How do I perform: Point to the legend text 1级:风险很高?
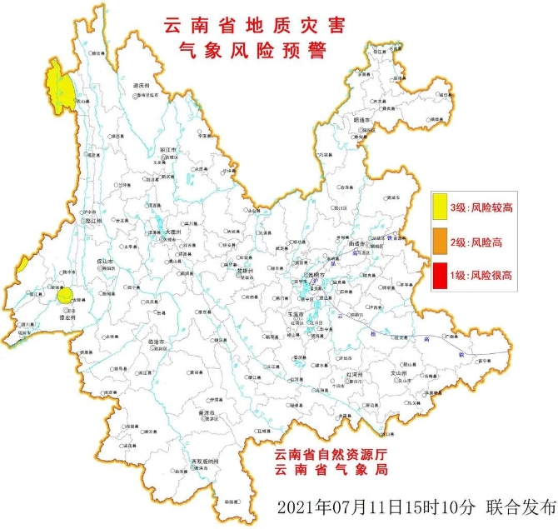pos(481,275)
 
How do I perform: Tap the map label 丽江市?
pos(169,150)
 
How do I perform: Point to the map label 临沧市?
pos(157,342)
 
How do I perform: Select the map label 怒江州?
pos(92,222)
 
